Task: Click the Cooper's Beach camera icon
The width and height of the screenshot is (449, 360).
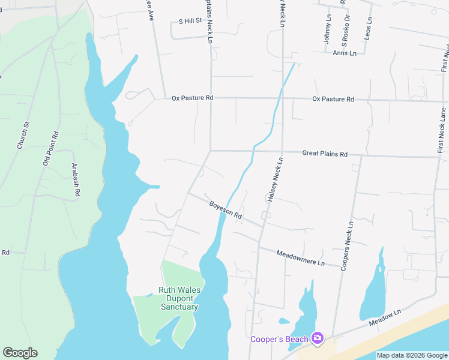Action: click(x=318, y=339)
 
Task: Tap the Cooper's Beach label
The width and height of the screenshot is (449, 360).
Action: click(x=279, y=340)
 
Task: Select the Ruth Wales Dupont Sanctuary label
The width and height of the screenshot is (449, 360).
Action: click(x=179, y=298)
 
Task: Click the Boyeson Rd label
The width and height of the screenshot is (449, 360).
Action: click(x=226, y=210)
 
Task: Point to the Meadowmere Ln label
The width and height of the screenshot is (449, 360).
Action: click(x=300, y=259)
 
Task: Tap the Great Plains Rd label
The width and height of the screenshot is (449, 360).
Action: click(x=325, y=154)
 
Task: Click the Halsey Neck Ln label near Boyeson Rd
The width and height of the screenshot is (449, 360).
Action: click(x=273, y=178)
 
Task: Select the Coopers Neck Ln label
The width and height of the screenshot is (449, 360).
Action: click(x=347, y=245)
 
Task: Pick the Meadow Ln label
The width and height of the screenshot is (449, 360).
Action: click(x=385, y=319)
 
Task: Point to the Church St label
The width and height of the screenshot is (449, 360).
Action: click(x=23, y=136)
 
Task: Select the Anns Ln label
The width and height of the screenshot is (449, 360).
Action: click(x=345, y=53)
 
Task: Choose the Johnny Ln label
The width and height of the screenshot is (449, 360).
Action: click(x=328, y=29)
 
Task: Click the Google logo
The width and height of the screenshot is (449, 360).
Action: click(x=20, y=353)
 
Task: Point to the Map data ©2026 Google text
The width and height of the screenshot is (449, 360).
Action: click(x=411, y=355)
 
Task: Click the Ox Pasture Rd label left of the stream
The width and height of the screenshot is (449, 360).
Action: click(x=192, y=98)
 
